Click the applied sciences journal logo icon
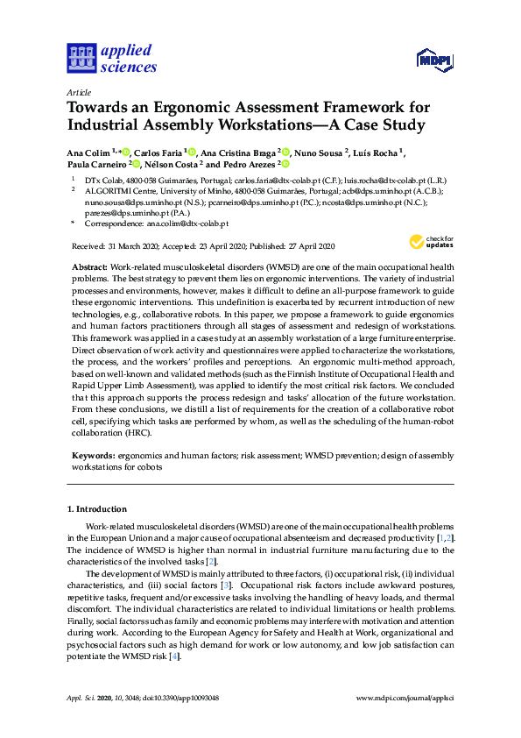81,59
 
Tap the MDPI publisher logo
434,60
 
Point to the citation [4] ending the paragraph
175,656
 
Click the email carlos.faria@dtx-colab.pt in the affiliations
260,178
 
